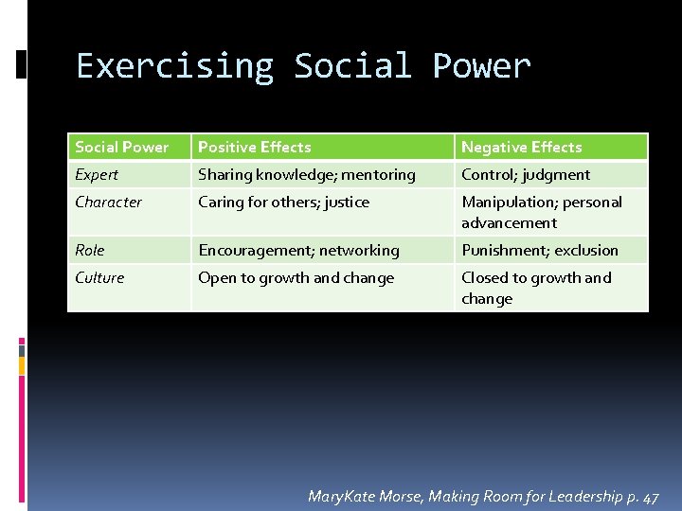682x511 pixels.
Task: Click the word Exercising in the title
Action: click(174, 66)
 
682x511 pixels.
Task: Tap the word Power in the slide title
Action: click(481, 66)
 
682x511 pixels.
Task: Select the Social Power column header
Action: click(122, 147)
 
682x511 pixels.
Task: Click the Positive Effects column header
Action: click(254, 147)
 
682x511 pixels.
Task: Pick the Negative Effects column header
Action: click(521, 147)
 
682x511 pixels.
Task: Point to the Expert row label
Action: click(97, 174)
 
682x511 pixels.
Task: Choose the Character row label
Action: click(108, 202)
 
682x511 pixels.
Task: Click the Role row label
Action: click(90, 250)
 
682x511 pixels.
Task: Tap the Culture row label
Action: click(99, 277)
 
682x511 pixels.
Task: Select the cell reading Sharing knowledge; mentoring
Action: click(306, 174)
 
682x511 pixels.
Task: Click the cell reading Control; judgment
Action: click(525, 174)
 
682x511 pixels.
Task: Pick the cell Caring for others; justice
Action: click(283, 202)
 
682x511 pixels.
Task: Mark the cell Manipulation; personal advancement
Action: click(541, 212)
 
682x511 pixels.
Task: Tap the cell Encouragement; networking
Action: click(298, 250)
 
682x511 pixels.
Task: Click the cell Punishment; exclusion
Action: click(539, 250)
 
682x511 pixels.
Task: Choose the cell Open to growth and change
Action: click(296, 277)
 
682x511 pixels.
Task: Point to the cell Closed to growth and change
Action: click(536, 288)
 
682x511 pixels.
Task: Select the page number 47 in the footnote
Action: click(650, 497)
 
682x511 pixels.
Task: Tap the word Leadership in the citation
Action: click(577, 497)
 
